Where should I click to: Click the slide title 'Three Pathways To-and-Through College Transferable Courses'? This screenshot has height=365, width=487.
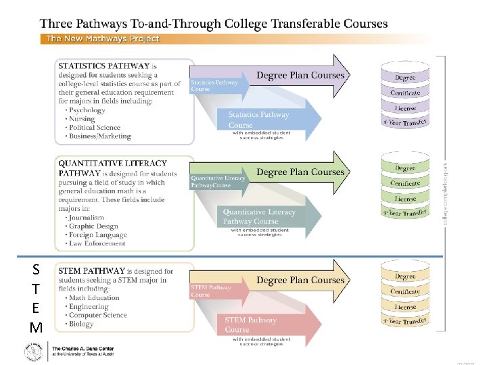214,24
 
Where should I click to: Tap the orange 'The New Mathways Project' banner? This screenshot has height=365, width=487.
102,39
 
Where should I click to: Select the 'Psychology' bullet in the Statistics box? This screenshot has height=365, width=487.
87,110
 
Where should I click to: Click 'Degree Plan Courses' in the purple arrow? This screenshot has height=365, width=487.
300,75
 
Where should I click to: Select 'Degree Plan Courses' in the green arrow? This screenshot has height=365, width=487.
300,172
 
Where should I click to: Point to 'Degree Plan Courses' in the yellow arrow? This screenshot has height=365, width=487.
300,280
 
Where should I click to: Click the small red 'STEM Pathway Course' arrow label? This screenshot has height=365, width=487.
208,291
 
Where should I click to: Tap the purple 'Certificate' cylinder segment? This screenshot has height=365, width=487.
405,93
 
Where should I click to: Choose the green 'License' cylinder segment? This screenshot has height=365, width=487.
405,199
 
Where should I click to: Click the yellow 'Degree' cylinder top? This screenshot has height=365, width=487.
405,276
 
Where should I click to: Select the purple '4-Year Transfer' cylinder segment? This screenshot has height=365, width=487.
405,122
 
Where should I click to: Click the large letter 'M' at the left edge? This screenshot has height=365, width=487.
36,328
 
